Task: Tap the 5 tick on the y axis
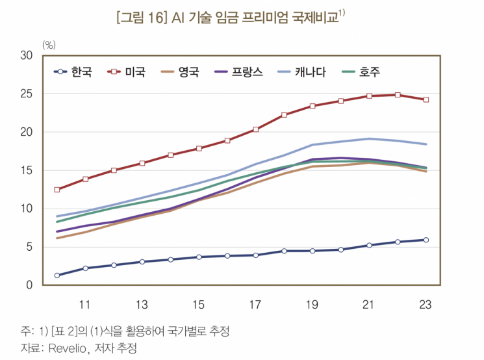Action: pos(29,247)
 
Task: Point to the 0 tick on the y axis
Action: pos(29,285)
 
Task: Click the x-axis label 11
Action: pos(84,304)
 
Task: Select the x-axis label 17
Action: pos(255,304)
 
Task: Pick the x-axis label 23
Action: pos(426,304)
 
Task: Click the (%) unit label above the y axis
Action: pos(49,44)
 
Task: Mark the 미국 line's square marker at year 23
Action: pos(426,100)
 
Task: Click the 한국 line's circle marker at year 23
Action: pos(426,240)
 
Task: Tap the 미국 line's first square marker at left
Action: pos(57,190)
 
